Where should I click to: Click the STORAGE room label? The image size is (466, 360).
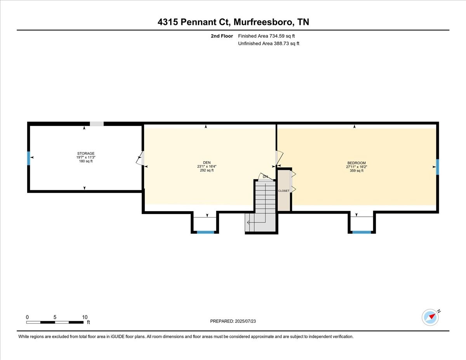(x=86, y=153)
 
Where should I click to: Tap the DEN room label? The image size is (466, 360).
(x=207, y=163)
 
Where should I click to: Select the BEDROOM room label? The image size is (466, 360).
(x=356, y=163)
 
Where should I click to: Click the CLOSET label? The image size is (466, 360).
(x=284, y=191)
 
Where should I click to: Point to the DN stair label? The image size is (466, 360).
(x=265, y=177)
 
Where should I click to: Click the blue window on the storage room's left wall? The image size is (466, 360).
(x=28, y=158)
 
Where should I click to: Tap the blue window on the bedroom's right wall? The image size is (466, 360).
(x=438, y=167)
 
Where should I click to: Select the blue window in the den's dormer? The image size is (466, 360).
(x=205, y=232)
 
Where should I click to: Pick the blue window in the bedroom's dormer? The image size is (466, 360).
(x=362, y=232)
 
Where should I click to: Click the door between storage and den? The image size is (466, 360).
(x=140, y=158)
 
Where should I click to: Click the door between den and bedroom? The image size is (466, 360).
(x=279, y=158)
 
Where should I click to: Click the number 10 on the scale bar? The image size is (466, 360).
(x=85, y=317)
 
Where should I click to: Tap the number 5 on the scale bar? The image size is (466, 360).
(x=55, y=317)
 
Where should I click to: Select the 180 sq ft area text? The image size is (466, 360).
(x=86, y=161)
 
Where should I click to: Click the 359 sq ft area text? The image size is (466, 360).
(x=356, y=170)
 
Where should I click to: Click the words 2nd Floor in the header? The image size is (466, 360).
(x=222, y=36)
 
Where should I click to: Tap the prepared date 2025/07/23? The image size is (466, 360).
(x=245, y=321)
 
